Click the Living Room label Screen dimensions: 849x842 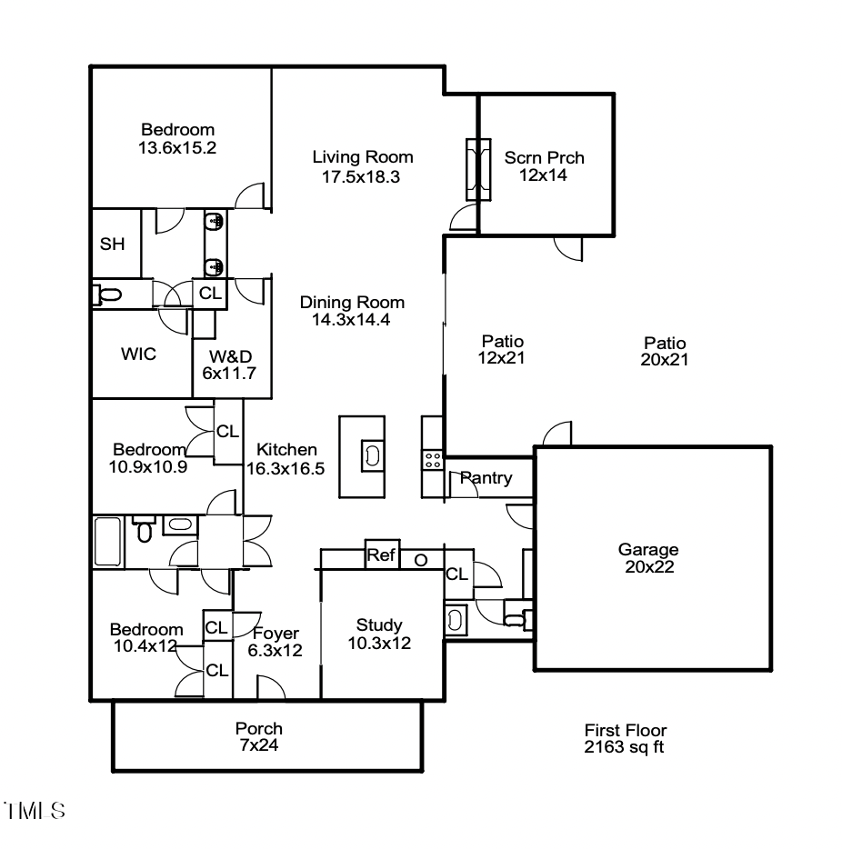click(362, 157)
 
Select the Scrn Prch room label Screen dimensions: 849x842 click(544, 158)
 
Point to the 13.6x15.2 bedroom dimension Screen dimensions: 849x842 click(177, 147)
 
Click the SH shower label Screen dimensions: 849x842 click(112, 245)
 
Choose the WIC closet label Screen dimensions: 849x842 click(138, 355)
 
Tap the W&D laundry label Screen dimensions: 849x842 click(231, 355)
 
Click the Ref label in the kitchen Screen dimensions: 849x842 click(381, 554)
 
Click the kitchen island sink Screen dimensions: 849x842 click(372, 454)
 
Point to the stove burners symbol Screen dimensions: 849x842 click(433, 460)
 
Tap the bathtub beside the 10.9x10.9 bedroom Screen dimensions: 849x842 click(107, 543)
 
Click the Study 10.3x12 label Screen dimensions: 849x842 click(378, 634)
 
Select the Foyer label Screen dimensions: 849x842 click(276, 634)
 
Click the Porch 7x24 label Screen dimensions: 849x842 click(259, 737)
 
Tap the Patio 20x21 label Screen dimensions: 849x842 click(665, 351)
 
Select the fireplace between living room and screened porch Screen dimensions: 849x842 click(477, 169)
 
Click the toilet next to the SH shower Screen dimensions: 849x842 click(108, 295)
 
